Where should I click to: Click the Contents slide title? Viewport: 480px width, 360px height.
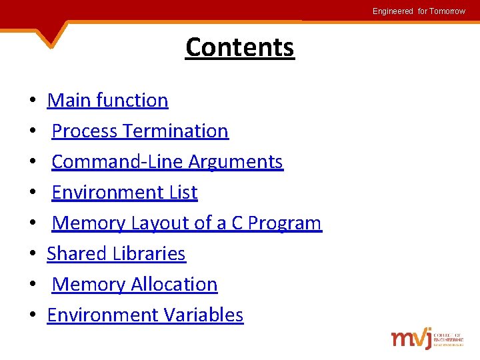pos(239,47)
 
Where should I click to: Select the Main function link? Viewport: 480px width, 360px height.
pos(107,100)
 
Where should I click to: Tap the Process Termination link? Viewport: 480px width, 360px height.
pos(140,131)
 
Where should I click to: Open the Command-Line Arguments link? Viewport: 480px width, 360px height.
pos(167,161)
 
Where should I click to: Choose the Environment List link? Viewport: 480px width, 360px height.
pos(125,192)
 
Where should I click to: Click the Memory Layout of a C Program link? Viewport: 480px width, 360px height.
pos(187,223)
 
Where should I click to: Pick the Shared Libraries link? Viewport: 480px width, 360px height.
pos(116,253)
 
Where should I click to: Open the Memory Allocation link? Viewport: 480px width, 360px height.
pos(135,284)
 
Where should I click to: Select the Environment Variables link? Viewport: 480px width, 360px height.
pos(145,315)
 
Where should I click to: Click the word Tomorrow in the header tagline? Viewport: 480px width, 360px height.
pos(447,11)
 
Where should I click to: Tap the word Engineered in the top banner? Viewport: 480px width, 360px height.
pos(393,11)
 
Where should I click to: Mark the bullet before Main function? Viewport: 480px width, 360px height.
pos(32,101)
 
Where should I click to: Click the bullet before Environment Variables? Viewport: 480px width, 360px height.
pos(32,316)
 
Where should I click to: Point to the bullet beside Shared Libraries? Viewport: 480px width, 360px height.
pos(32,255)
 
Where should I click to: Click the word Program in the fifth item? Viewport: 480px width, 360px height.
pos(285,223)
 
